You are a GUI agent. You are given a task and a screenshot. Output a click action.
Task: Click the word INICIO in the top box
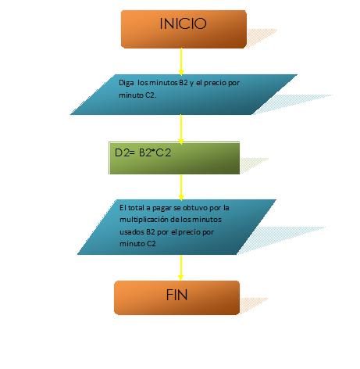[183, 23]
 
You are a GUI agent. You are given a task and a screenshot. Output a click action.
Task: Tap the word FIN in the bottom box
[176, 295]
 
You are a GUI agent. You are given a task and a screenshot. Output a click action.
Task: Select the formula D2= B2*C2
[143, 152]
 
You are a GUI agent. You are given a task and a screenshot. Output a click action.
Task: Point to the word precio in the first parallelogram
[215, 83]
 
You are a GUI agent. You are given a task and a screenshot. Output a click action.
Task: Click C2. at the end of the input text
[151, 95]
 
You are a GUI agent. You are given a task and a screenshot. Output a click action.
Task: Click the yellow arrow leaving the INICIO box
[181, 62]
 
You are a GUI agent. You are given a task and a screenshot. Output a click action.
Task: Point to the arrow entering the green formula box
[181, 129]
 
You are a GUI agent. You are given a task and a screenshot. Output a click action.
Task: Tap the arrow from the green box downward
[181, 187]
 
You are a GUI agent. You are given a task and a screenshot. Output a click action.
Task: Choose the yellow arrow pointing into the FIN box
[180, 267]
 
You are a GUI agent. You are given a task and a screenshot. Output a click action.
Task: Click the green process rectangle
[174, 158]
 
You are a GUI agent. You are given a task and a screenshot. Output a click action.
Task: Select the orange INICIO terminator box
[184, 29]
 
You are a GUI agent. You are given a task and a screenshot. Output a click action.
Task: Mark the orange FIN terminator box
[176, 298]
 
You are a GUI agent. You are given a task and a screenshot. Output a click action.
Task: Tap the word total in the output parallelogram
[136, 208]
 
